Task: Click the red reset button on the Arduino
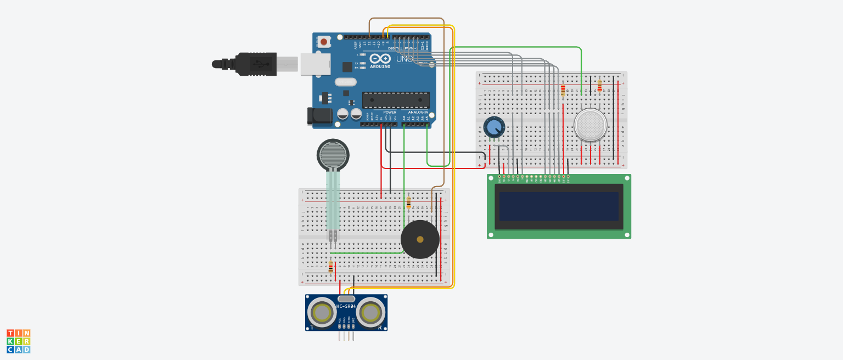tap(324, 42)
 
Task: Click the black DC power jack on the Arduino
tap(320, 116)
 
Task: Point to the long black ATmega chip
tap(395, 100)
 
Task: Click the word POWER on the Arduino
tap(390, 112)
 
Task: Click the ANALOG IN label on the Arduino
tap(419, 112)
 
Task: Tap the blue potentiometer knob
tap(494, 127)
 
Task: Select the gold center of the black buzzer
tap(420, 239)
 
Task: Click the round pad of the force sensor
tap(333, 154)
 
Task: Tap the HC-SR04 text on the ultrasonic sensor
tap(346, 306)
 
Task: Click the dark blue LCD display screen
tap(559, 206)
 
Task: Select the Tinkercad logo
tap(18, 341)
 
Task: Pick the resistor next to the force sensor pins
tap(330, 267)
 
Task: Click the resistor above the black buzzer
tap(408, 203)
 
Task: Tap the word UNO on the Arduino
tap(404, 59)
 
